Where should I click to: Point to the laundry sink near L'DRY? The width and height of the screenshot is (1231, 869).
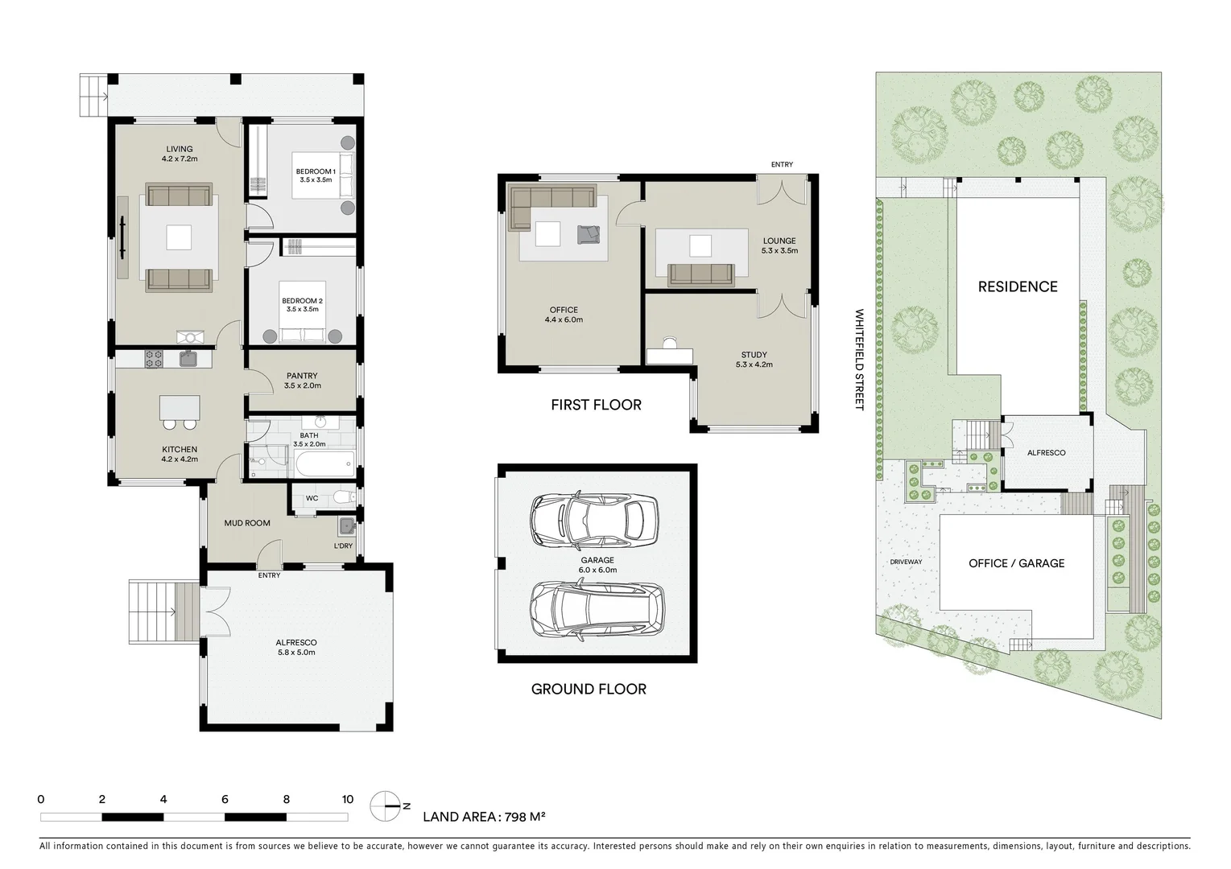click(x=345, y=527)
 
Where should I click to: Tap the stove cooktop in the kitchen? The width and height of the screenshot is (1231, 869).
click(x=153, y=359)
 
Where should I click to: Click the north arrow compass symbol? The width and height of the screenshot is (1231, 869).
click(x=386, y=805)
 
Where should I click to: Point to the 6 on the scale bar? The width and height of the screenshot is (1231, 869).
click(x=225, y=800)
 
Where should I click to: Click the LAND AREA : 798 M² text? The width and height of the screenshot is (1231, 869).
click(x=484, y=817)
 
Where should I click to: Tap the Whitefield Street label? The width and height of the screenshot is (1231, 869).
click(x=858, y=360)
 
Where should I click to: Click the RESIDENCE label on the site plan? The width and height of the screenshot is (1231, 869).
click(x=1018, y=286)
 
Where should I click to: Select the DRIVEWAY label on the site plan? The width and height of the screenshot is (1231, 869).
click(x=906, y=562)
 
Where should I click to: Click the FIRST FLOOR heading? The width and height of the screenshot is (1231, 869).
click(x=596, y=405)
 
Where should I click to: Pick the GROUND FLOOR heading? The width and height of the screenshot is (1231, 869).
click(x=589, y=689)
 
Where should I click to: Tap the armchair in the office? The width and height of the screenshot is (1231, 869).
click(x=589, y=233)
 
